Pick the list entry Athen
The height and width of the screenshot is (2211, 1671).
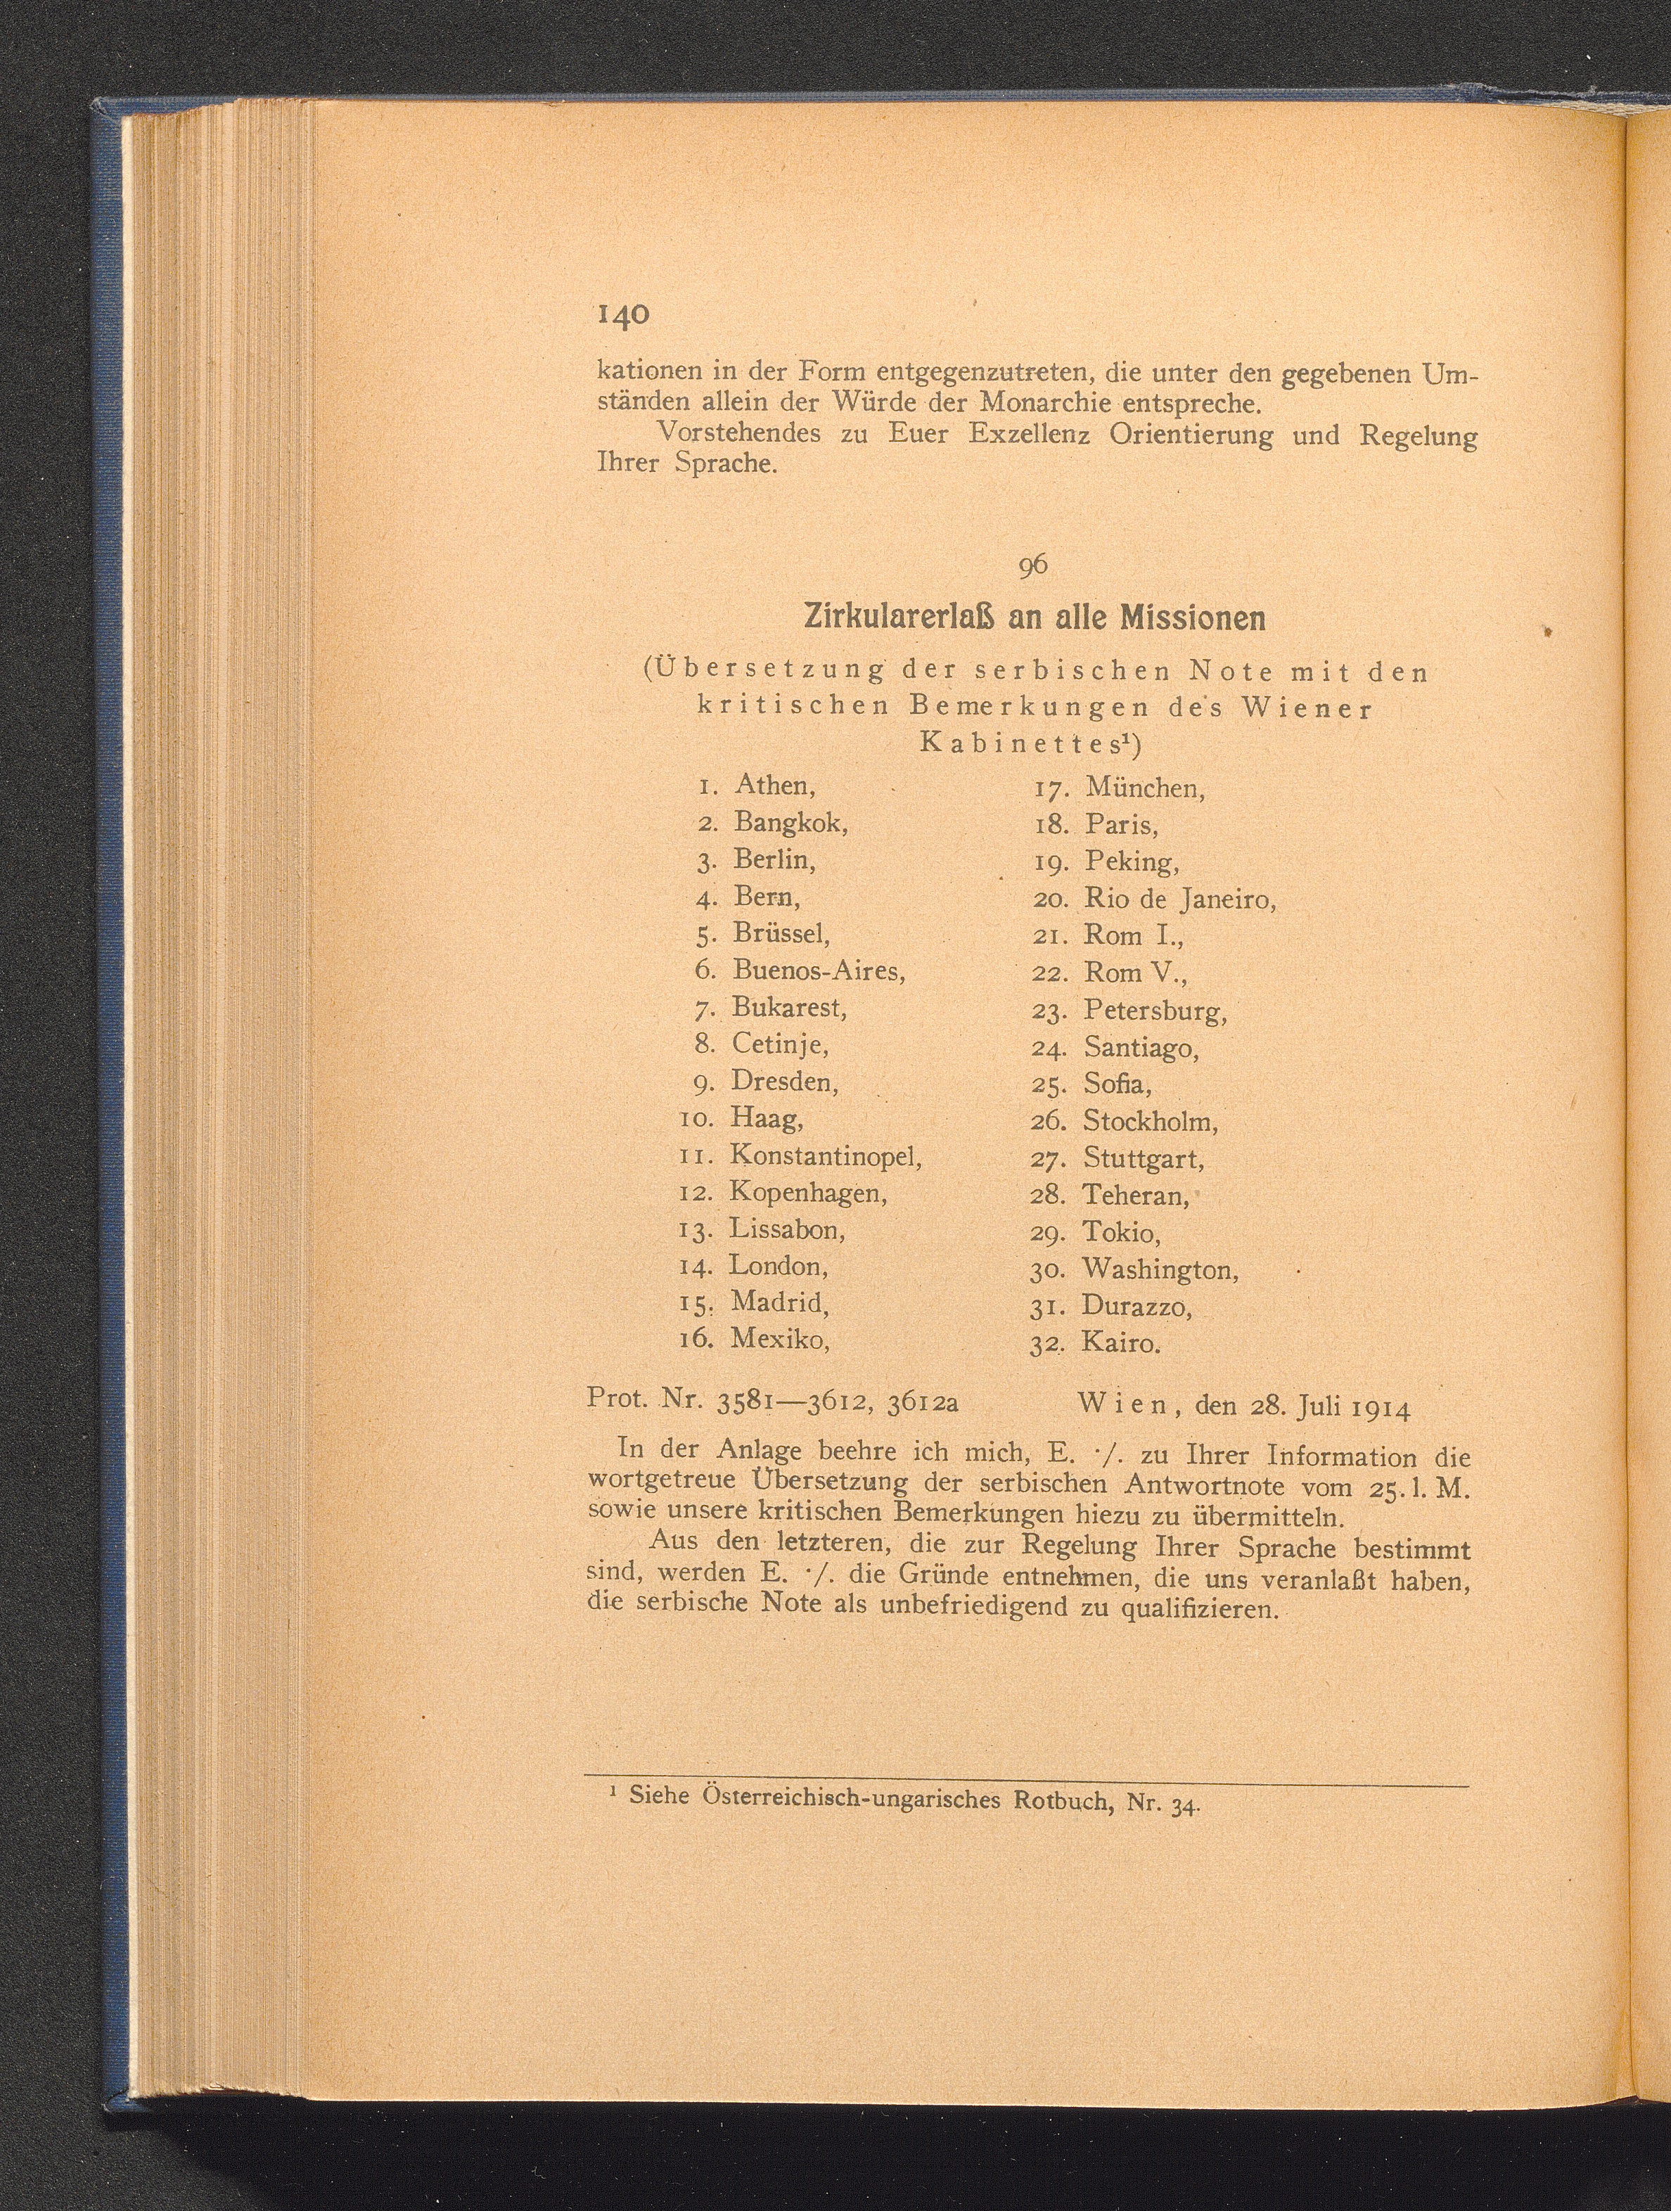pyautogui.click(x=774, y=786)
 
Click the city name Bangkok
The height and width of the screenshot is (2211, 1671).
pyautogui.click(x=790, y=823)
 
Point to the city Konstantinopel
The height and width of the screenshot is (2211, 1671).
pyautogui.click(x=824, y=1155)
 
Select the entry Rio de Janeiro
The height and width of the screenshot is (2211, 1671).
pyautogui.click(x=1180, y=899)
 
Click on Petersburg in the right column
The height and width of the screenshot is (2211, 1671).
pyautogui.click(x=1154, y=1011)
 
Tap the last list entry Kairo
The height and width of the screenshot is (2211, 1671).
pyautogui.click(x=1120, y=1342)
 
